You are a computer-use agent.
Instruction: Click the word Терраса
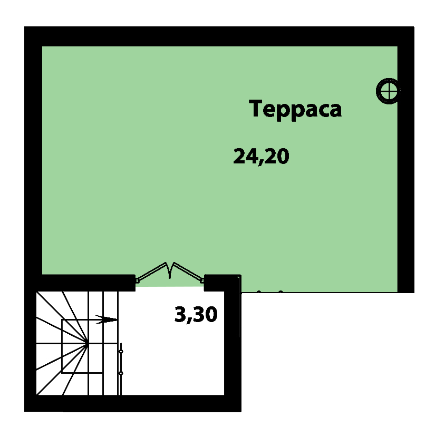[295, 109]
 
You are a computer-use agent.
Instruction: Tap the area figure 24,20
[261, 156]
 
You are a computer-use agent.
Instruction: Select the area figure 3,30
[196, 315]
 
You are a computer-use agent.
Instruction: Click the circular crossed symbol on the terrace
[388, 91]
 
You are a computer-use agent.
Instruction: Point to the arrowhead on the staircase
[106, 319]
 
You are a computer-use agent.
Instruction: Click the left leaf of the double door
[152, 272]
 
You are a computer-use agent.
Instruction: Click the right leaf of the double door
[188, 272]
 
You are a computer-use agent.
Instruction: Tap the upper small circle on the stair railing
[121, 352]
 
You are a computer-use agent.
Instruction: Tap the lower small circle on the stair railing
[121, 373]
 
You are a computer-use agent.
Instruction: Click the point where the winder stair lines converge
[87, 343]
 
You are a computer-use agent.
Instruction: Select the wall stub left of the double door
[85, 283]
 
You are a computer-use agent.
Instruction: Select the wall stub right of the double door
[223, 283]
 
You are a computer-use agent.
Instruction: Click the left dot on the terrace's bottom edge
[259, 292]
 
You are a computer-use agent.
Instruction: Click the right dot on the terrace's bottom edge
[281, 292]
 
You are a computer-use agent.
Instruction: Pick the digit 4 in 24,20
[251, 156]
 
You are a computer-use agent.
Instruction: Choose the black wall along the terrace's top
[219, 36]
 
